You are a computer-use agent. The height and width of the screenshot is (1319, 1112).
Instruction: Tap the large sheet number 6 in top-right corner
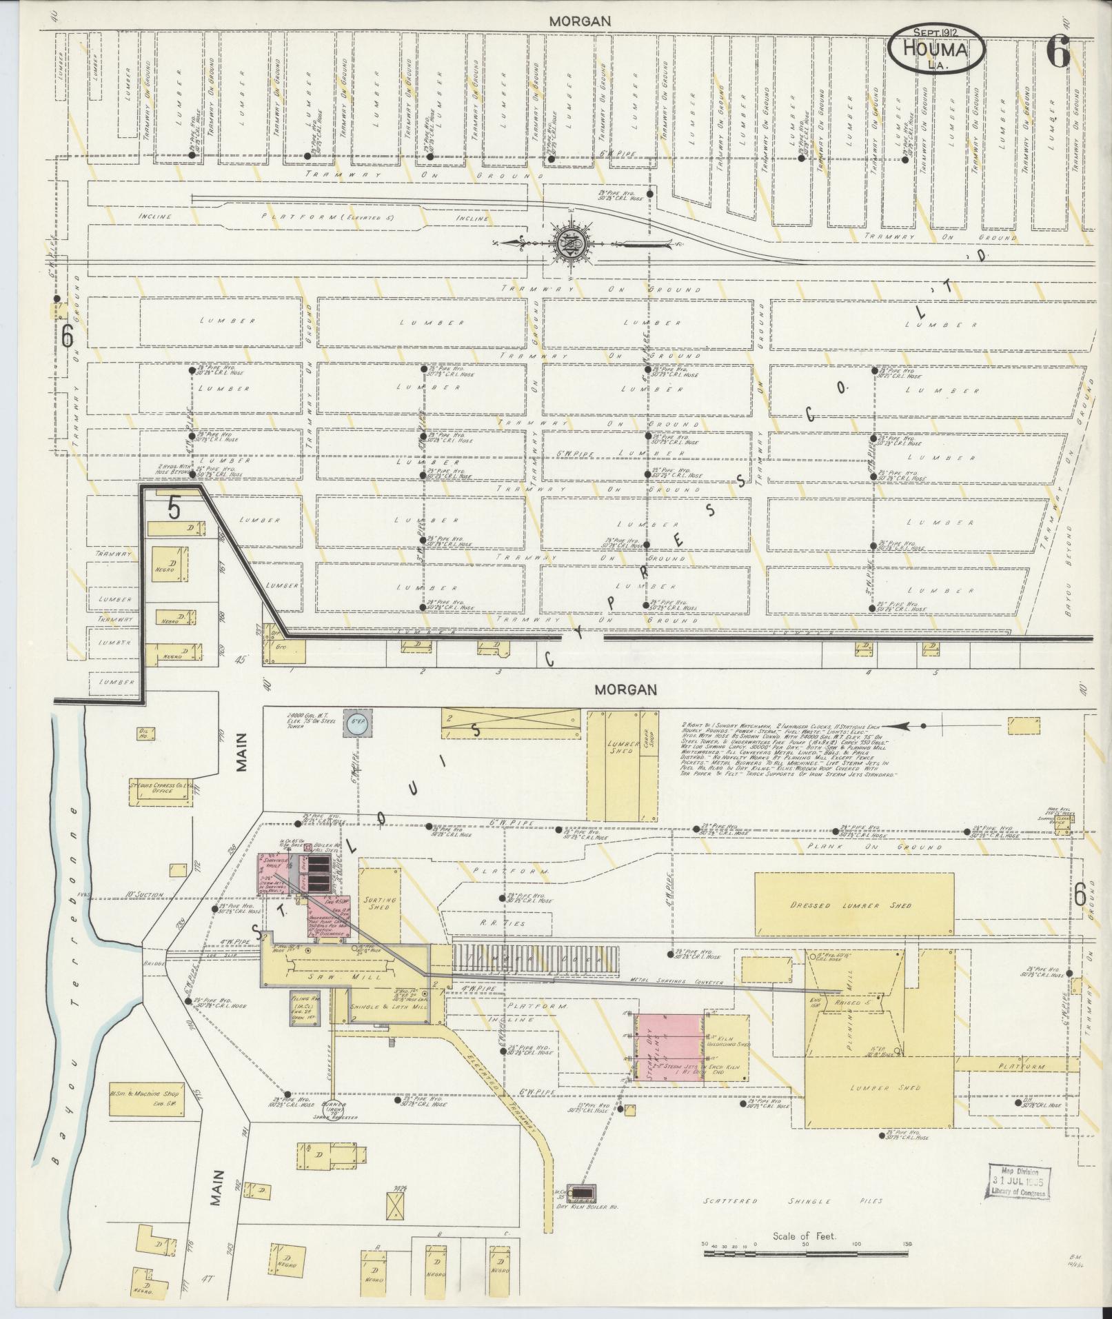(1058, 53)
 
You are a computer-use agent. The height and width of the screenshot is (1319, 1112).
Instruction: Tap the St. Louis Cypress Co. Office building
(161, 789)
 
